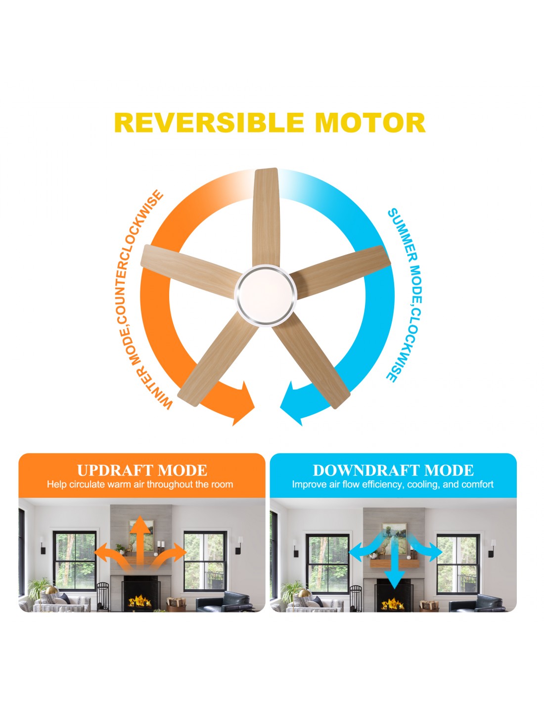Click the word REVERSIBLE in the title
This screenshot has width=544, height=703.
tap(209, 123)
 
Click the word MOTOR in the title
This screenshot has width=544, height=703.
tap(370, 123)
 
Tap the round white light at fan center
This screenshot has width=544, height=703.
tap(266, 295)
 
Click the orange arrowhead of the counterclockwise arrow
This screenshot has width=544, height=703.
tap(243, 403)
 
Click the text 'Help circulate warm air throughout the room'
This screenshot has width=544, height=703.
tap(140, 484)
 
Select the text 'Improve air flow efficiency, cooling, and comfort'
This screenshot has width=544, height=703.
tap(393, 484)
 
